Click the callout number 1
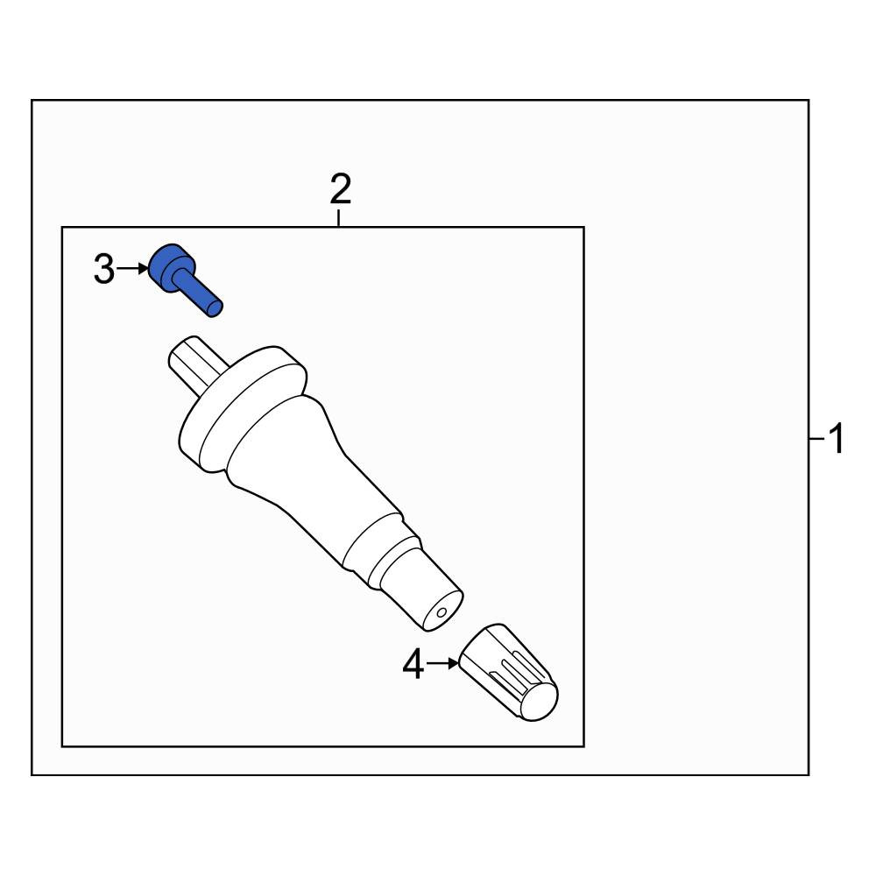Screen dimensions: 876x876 tap(837, 439)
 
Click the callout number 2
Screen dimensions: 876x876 tap(340, 189)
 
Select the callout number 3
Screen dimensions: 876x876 tap(104, 269)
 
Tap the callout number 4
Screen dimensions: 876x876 tap(413, 664)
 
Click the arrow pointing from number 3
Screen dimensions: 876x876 tap(133, 269)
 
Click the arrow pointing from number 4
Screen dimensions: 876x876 tap(442, 664)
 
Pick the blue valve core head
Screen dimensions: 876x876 tap(172, 267)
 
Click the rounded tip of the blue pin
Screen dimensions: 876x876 tap(215, 308)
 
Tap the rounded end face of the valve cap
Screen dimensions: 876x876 tap(539, 702)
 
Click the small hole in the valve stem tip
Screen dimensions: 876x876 tap(441, 613)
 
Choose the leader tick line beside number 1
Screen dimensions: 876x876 tap(816, 439)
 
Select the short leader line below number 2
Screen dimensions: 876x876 tap(338, 218)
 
